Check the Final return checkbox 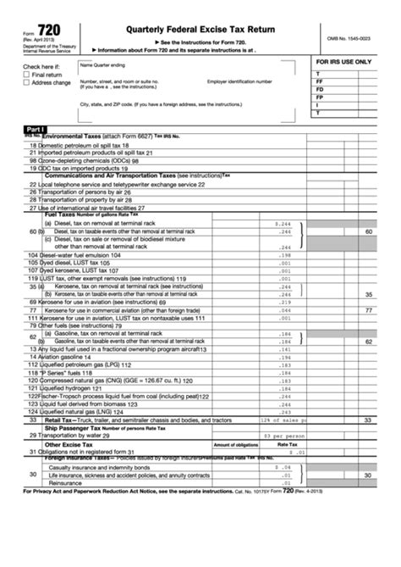[26, 75]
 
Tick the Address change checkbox [26, 83]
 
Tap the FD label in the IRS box [319, 89]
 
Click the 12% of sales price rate [277, 420]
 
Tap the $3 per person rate [277, 436]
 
